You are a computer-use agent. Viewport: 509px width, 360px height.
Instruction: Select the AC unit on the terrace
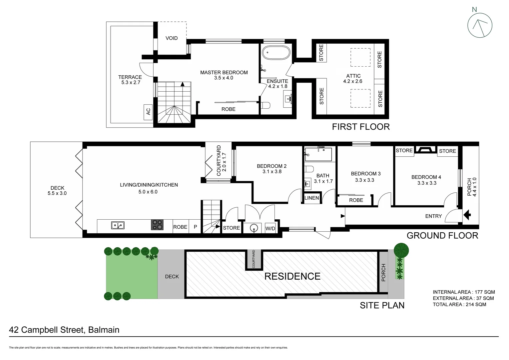[x=148, y=111]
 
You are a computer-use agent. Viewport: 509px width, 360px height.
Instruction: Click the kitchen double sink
[x=118, y=226]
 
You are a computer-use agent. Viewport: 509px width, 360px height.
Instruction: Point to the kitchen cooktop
[x=158, y=225]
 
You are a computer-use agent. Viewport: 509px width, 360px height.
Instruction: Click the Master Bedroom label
[x=224, y=72]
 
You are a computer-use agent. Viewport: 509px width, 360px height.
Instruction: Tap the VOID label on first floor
[x=172, y=38]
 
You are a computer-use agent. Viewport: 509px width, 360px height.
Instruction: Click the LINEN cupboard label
[x=312, y=198]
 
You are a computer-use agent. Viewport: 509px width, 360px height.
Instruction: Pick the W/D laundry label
[x=270, y=228]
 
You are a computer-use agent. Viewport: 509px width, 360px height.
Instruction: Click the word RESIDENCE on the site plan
[x=292, y=276]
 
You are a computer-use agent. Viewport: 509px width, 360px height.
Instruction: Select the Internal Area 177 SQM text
[x=464, y=292]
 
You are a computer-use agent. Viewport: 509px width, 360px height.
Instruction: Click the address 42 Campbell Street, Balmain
[x=64, y=330]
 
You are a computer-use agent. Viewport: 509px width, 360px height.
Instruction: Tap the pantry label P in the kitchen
[x=196, y=227]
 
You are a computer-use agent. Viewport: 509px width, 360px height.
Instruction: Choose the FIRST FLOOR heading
[x=361, y=127]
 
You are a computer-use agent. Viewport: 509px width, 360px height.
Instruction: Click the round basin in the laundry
[x=254, y=228]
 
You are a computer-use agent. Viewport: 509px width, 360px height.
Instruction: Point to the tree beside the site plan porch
[x=401, y=250]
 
